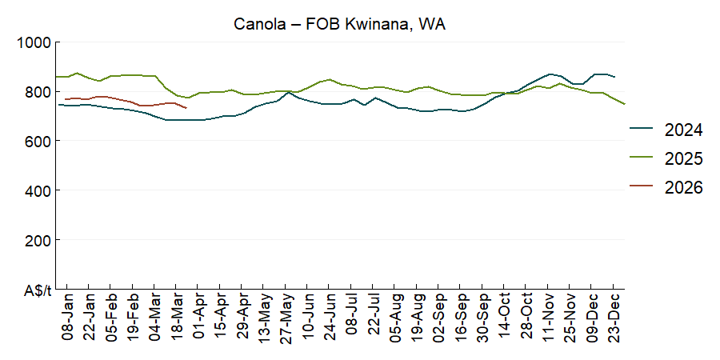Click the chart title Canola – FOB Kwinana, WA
pos(339,24)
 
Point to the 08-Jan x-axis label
pos(68,318)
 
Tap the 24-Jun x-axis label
pos(330,318)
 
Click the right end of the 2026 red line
pos(186,108)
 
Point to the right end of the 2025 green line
pos(625,104)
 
